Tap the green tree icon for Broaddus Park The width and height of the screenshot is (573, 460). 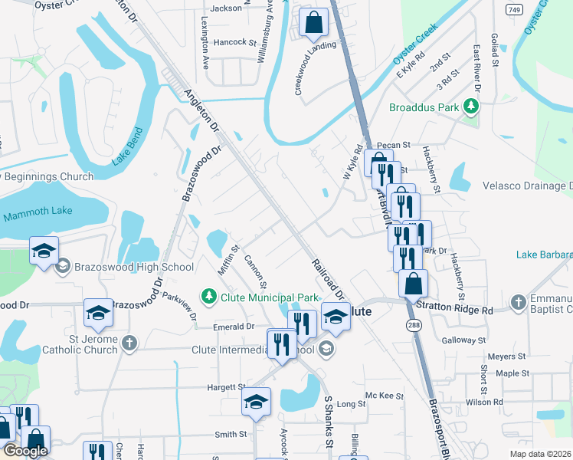(x=473, y=107)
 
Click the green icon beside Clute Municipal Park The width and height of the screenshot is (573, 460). (x=207, y=296)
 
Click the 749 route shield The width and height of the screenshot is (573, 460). (x=515, y=8)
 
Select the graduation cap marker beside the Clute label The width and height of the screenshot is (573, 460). (x=335, y=316)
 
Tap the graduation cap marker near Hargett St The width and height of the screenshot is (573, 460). (x=256, y=402)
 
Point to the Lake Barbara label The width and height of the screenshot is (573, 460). (x=544, y=255)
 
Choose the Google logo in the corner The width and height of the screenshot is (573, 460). (x=25, y=450)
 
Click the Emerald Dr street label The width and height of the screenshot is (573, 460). (x=234, y=326)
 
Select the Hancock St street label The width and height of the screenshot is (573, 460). (x=234, y=42)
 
